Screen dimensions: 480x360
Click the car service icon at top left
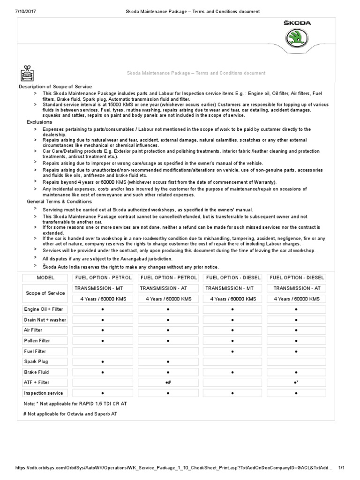click(27, 73)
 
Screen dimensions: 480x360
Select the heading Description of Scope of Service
click(55, 87)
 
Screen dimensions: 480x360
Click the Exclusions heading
click(39, 121)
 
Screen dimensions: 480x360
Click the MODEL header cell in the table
click(45, 277)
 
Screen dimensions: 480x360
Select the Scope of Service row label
click(45, 293)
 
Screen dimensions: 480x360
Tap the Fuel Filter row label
click(35, 351)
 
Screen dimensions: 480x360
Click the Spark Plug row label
click(36, 361)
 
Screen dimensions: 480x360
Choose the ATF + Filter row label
click(37, 382)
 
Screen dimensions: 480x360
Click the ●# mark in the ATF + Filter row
click(168, 382)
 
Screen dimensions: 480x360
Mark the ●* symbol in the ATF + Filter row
click(296, 382)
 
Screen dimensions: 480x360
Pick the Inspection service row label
click(43, 393)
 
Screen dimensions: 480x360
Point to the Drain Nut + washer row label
click(45, 320)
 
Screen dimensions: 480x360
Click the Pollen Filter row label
click(37, 341)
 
